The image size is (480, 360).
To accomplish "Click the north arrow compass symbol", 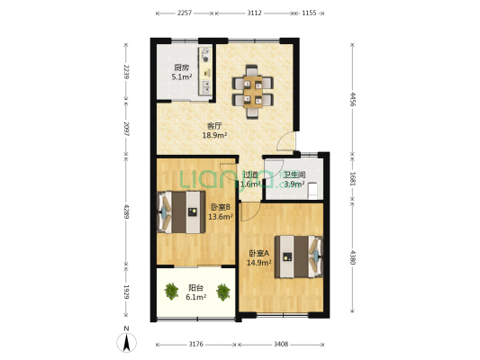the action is (126, 342).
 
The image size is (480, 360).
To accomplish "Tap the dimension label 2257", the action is (185, 13).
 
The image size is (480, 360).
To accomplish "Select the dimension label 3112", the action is (254, 13).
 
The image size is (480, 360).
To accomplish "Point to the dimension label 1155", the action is (309, 13).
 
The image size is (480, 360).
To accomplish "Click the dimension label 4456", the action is (353, 99).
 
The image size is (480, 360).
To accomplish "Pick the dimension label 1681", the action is (353, 178).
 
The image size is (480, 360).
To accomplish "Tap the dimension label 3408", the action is (281, 344).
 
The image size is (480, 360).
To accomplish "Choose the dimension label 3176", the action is (196, 344).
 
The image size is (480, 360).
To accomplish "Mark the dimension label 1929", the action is (126, 292).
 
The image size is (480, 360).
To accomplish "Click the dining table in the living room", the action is (253, 92).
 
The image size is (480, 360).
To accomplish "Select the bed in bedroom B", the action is (181, 212).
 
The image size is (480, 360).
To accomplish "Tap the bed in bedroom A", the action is (299, 256).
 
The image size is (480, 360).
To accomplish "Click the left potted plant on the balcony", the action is (171, 291).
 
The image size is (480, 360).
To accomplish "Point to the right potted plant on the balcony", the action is (223, 292).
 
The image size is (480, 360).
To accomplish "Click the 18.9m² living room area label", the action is (214, 135).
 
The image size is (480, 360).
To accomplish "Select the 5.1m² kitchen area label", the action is (182, 76).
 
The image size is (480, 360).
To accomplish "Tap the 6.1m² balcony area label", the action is (196, 297).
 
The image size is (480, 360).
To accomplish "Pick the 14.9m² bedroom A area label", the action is (259, 262).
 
